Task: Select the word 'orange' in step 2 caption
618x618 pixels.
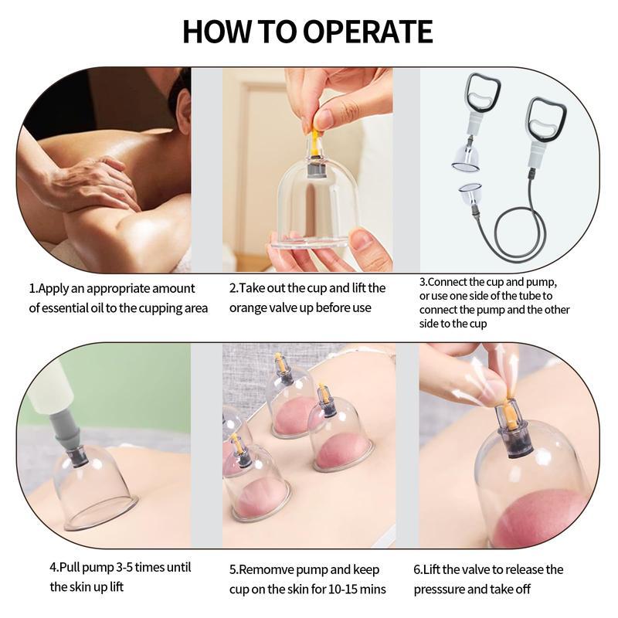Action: (249, 307)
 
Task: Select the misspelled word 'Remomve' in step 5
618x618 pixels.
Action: (270, 569)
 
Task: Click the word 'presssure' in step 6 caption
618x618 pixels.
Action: (441, 589)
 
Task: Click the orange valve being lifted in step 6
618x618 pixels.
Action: (511, 413)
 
